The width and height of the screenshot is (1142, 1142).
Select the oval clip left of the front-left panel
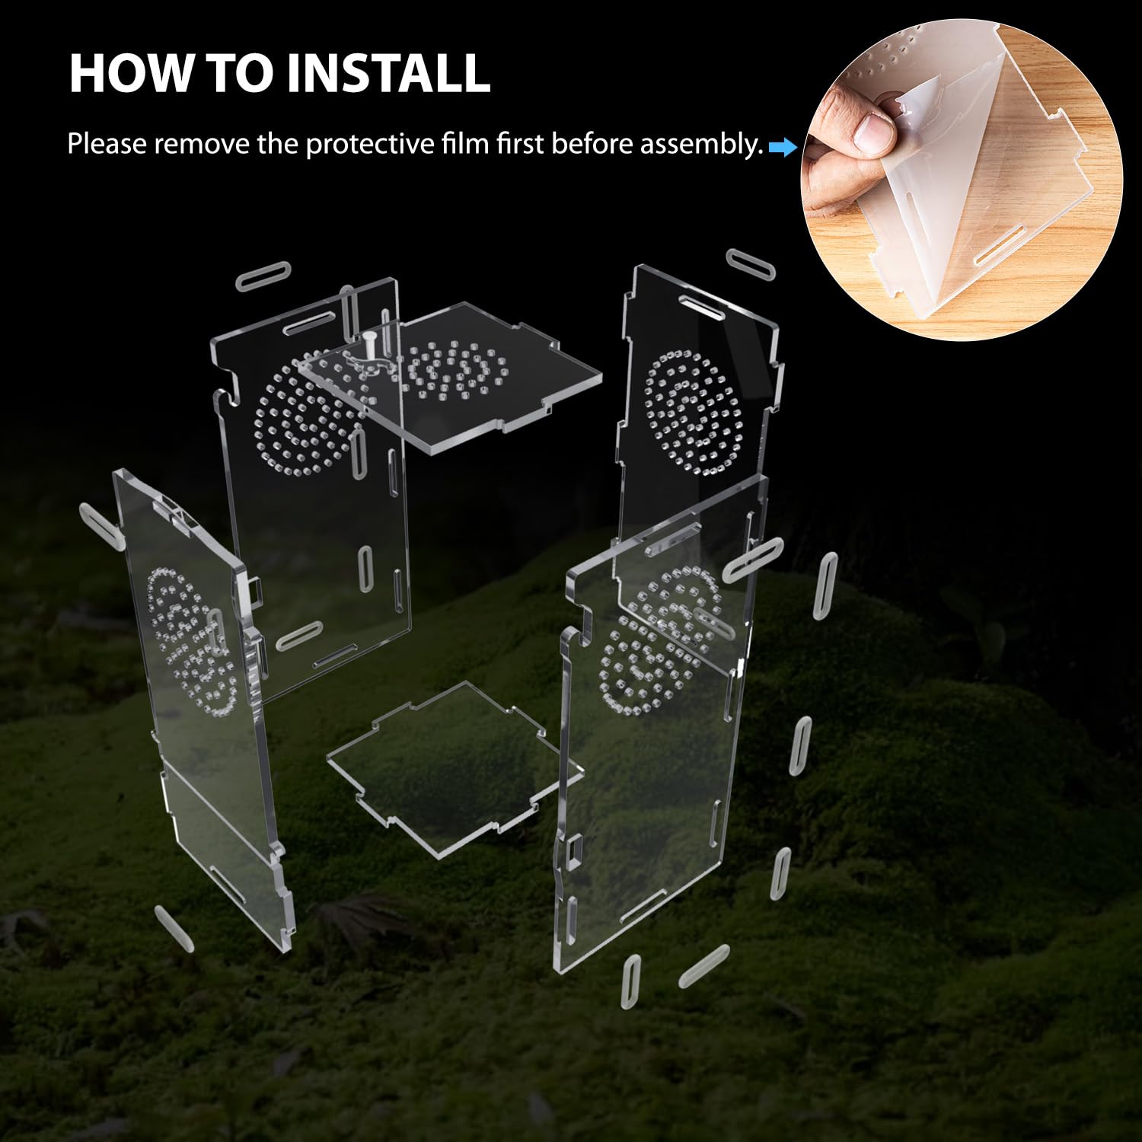pyautogui.click(x=101, y=524)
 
